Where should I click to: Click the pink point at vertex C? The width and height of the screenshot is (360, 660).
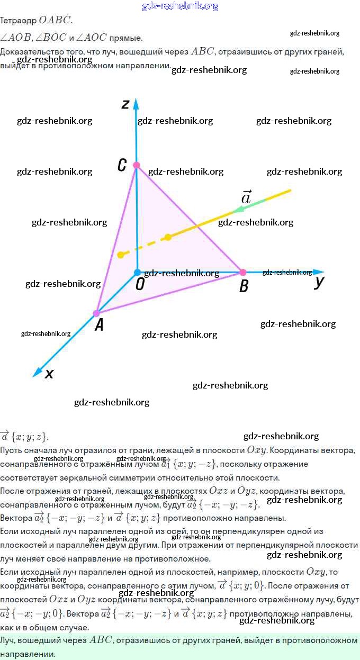pyautogui.click(x=136, y=165)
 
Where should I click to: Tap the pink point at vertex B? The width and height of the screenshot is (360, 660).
pyautogui.click(x=243, y=272)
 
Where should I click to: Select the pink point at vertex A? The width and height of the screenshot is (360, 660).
pyautogui.click(x=96, y=313)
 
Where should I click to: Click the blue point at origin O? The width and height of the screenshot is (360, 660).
pyautogui.click(x=137, y=273)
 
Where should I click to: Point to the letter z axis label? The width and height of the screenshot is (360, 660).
pyautogui.click(x=125, y=104)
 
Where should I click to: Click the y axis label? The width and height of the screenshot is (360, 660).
pyautogui.click(x=319, y=282)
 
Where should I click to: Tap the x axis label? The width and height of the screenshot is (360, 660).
pyautogui.click(x=49, y=374)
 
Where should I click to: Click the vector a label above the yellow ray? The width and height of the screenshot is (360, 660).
pyautogui.click(x=246, y=197)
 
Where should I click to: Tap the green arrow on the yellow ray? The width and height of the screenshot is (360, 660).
pyautogui.click(x=245, y=207)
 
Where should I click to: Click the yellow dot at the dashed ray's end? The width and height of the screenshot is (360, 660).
pyautogui.click(x=121, y=255)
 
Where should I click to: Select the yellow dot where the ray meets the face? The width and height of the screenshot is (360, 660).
pyautogui.click(x=168, y=237)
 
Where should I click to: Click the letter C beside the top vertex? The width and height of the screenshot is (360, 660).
pyautogui.click(x=122, y=166)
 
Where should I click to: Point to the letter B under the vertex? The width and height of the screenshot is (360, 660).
pyautogui.click(x=244, y=287)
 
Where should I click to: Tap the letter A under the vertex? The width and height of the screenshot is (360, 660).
pyautogui.click(x=98, y=326)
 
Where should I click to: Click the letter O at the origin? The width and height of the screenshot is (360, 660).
pyautogui.click(x=140, y=285)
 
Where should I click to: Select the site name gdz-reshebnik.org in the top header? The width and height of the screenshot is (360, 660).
pyautogui.click(x=180, y=6)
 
